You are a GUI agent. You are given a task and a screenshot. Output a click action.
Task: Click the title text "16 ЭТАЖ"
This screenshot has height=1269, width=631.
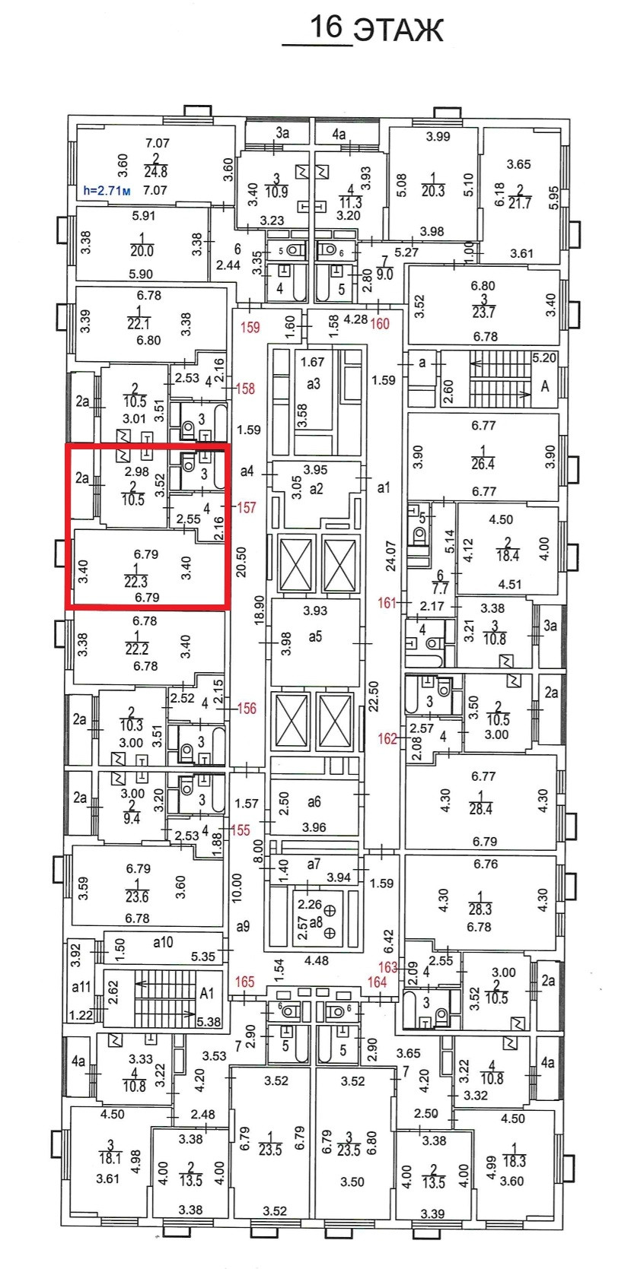coord(375,29)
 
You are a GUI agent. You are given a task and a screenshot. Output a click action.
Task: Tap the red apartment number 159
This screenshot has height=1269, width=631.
coord(250,328)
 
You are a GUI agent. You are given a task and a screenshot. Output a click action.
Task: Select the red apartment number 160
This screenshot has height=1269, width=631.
coord(379,324)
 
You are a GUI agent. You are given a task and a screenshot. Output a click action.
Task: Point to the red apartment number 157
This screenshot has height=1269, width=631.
coord(246,507)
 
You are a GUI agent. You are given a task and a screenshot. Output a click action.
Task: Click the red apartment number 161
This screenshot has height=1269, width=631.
coord(387,603)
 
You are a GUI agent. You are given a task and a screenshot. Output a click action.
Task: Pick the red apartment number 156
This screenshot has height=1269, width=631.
coord(247,709)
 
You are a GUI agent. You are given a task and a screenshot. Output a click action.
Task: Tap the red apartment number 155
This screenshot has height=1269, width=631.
coord(240,830)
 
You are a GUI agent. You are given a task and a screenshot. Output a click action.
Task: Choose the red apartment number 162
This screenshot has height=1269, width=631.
coord(387,738)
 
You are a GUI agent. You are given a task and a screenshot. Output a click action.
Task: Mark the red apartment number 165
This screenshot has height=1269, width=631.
coord(244,982)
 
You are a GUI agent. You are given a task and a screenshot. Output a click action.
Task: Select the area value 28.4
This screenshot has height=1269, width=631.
coord(480,809)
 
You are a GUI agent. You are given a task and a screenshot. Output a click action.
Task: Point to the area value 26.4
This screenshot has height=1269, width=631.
coord(483,464)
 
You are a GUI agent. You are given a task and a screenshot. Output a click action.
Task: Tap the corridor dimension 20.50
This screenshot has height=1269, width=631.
coord(243,562)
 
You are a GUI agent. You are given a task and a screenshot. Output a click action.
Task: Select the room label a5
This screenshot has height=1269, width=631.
coord(315,636)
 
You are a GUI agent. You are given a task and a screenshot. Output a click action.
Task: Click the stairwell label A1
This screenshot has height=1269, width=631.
coord(207,993)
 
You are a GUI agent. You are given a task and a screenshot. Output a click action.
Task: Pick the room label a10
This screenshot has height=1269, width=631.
coord(163,943)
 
